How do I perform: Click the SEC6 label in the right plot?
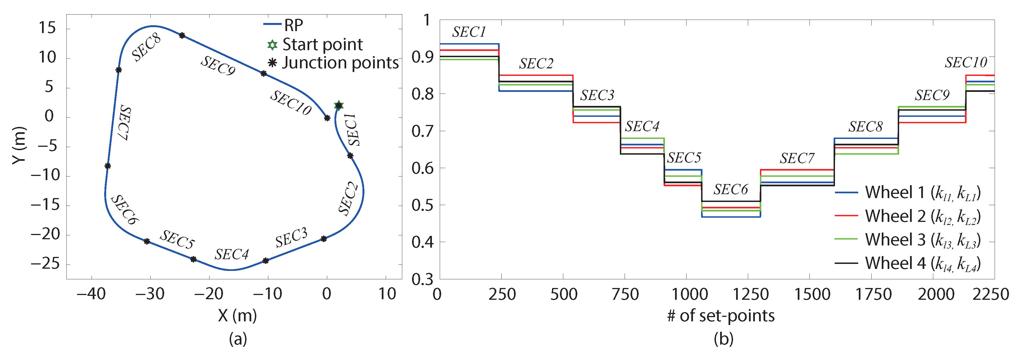pyautogui.click(x=730, y=189)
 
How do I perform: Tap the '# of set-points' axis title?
pyautogui.click(x=721, y=316)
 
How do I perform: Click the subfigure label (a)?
pyautogui.click(x=238, y=339)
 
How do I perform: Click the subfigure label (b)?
pyautogui.click(x=723, y=339)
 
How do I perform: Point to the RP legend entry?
pyautogui.click(x=293, y=25)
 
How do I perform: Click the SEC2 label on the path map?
pyautogui.click(x=348, y=199)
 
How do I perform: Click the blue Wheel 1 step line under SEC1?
pyautogui.click(x=469, y=44)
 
